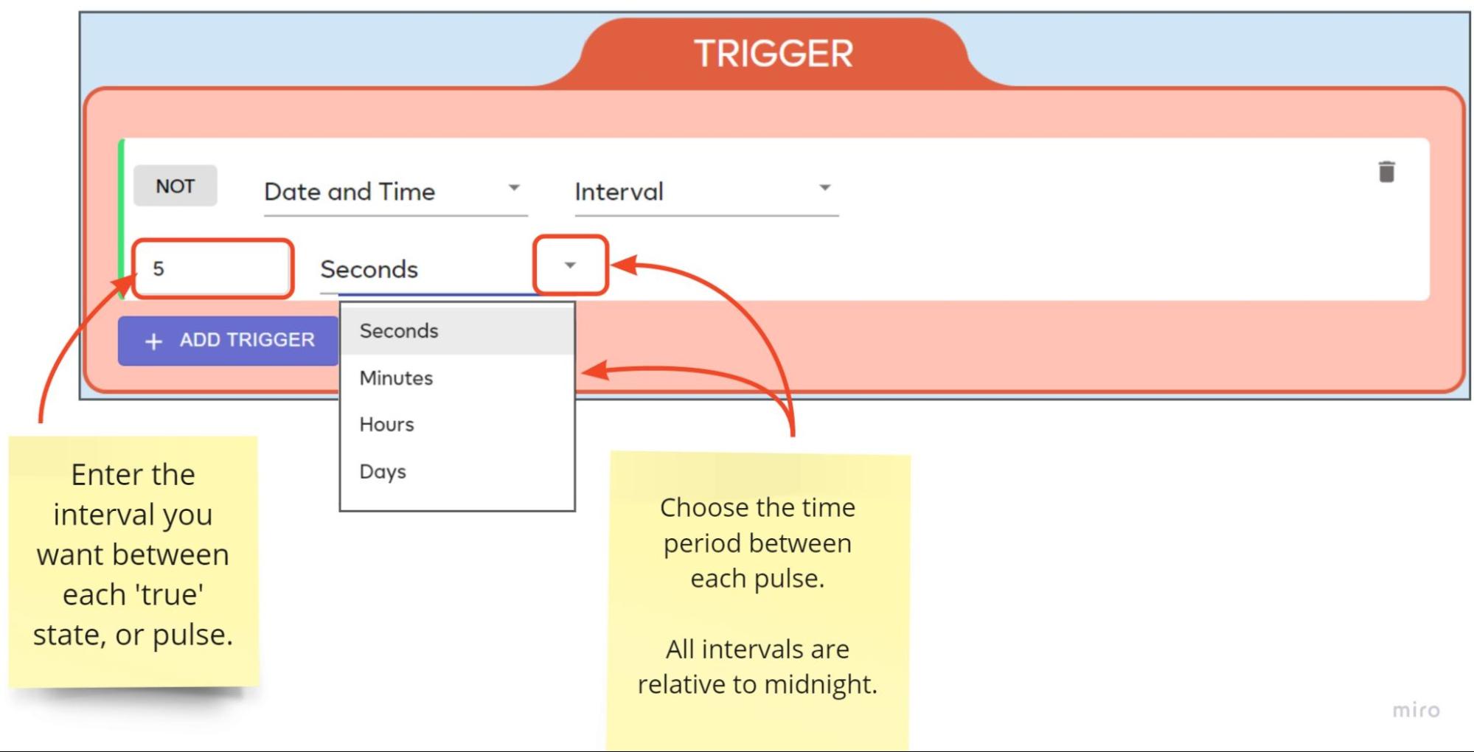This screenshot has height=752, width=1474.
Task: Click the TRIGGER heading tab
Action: coord(773,53)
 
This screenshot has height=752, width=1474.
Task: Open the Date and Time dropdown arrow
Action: coord(514,188)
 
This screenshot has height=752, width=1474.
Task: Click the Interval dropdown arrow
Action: coord(825,188)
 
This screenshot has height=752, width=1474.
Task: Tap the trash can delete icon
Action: coord(1386,171)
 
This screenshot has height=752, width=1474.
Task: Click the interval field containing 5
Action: coord(212,268)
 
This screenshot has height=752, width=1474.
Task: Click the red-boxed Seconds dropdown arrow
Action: coord(570,265)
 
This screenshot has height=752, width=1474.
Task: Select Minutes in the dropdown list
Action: coord(396,377)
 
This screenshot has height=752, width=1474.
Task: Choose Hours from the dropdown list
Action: coord(386,424)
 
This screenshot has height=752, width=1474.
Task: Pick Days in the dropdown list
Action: coord(383,471)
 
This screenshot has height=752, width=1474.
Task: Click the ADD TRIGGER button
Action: coord(228,341)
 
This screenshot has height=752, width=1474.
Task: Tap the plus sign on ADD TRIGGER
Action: coord(153,341)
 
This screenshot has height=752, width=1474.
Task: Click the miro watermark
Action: coord(1416,709)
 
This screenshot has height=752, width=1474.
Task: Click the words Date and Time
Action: coord(350,192)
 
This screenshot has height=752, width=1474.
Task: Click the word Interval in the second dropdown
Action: coord(619,192)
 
